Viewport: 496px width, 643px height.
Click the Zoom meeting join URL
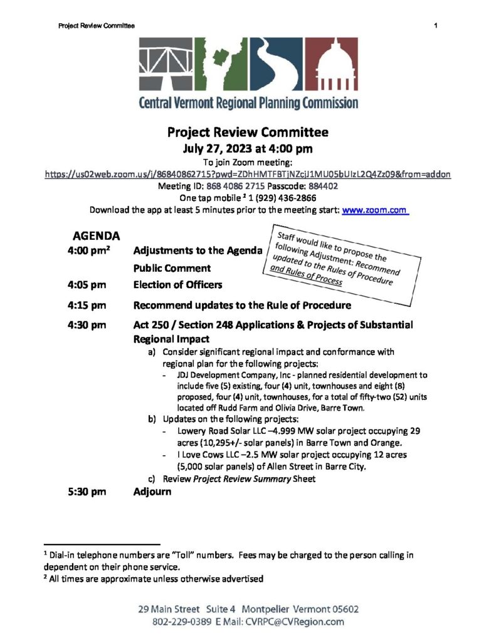(x=247, y=173)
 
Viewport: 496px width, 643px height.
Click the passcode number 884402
(x=324, y=186)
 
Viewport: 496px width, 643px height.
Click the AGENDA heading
(x=97, y=237)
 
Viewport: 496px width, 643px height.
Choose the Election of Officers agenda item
(x=177, y=284)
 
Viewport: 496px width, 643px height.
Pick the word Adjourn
(x=152, y=492)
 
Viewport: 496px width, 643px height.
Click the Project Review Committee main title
(x=247, y=132)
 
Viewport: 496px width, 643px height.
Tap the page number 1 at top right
(x=434, y=25)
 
